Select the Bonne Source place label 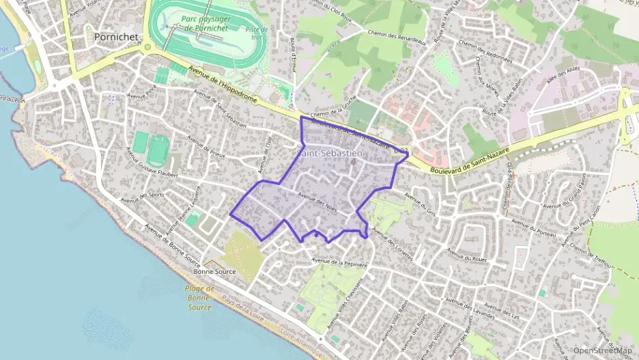pyautogui.click(x=214, y=271)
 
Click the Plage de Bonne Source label pyautogui.click(x=199, y=298)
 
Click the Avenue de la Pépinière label pyautogui.click(x=339, y=260)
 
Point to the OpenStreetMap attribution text pyautogui.click(x=603, y=350)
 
